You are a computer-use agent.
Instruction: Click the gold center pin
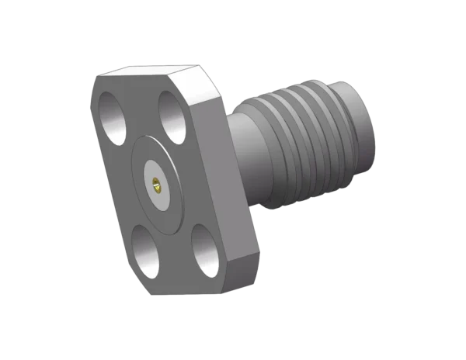(156, 184)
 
